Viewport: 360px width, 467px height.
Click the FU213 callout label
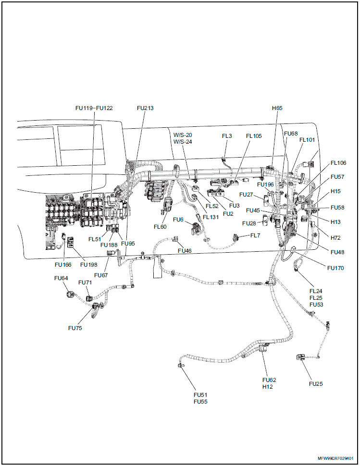pos(145,108)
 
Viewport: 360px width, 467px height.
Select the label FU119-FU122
pos(94,108)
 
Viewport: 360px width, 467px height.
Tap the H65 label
pos(277,108)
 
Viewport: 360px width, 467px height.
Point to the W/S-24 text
pos(183,142)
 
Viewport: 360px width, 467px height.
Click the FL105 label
pos(254,136)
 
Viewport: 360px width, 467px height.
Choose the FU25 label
pos(316,383)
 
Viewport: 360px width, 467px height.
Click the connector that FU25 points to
pos(300,357)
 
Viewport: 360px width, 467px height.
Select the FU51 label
pos(200,394)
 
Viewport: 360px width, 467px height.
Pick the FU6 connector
pos(195,227)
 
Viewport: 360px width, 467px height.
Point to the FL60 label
pos(160,227)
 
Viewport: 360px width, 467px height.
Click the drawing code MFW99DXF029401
pos(335,458)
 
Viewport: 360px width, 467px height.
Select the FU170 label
pos(335,268)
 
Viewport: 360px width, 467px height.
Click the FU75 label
pos(75,328)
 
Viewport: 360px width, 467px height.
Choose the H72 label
pos(335,238)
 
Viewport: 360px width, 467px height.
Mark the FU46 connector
pos(175,238)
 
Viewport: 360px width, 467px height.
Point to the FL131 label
pos(211,217)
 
